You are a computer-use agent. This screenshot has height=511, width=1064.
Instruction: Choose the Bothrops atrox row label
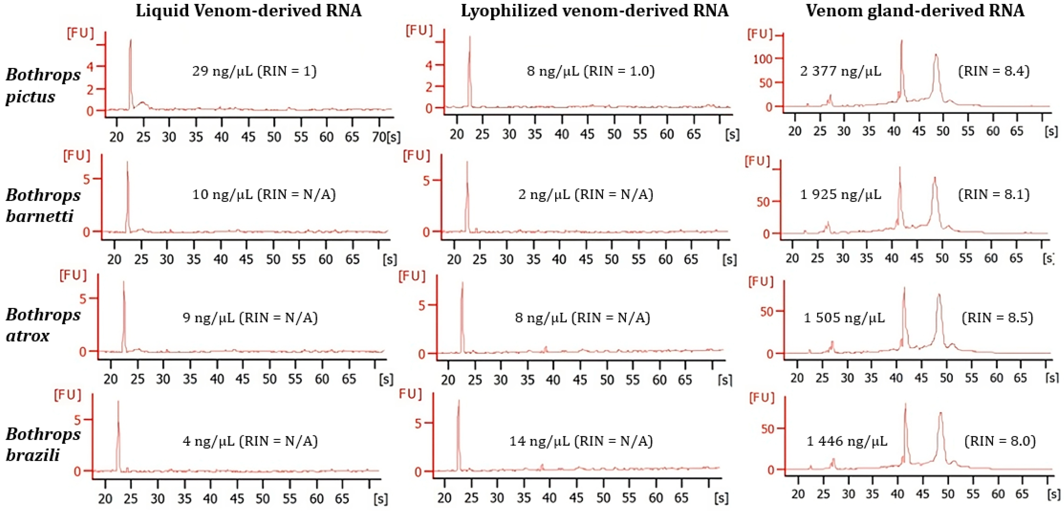[43, 325]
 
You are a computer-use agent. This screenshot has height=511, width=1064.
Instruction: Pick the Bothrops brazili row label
[43, 444]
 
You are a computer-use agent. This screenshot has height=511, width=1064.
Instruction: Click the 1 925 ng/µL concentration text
[840, 194]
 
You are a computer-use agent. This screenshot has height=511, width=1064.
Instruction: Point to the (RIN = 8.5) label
[997, 317]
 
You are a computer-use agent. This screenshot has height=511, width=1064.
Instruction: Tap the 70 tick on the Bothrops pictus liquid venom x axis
[379, 136]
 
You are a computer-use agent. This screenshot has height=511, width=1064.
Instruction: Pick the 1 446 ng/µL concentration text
[847, 441]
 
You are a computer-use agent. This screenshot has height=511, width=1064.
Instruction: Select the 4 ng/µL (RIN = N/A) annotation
[250, 441]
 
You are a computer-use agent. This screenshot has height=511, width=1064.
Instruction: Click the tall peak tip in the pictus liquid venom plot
[130, 40]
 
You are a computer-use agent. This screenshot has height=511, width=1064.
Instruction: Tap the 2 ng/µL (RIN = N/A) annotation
[586, 194]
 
